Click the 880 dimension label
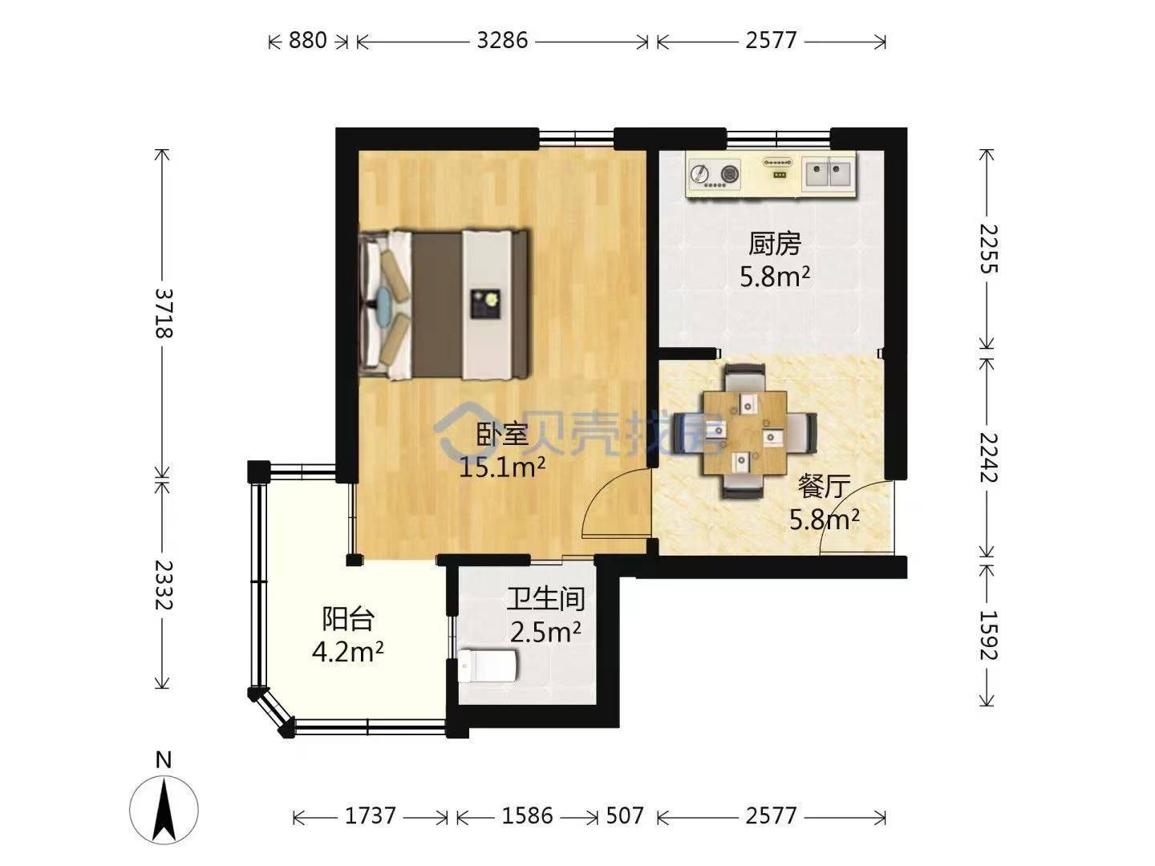pyautogui.click(x=308, y=40)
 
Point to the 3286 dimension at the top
pyautogui.click(x=502, y=40)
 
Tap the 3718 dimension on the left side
pyautogui.click(x=163, y=314)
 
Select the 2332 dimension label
pyautogui.click(x=163, y=585)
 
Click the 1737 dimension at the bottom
pyautogui.click(x=370, y=815)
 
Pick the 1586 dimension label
pyautogui.click(x=527, y=815)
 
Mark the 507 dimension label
pyautogui.click(x=625, y=815)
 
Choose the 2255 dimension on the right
pyautogui.click(x=987, y=249)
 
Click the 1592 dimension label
pyautogui.click(x=987, y=634)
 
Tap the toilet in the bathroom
pyautogui.click(x=487, y=666)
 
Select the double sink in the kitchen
pyautogui.click(x=829, y=173)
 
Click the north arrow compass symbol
pyautogui.click(x=164, y=809)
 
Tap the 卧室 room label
pyautogui.click(x=503, y=434)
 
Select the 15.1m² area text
pyautogui.click(x=502, y=467)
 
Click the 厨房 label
pyautogui.click(x=775, y=244)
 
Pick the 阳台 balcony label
pyautogui.click(x=348, y=619)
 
